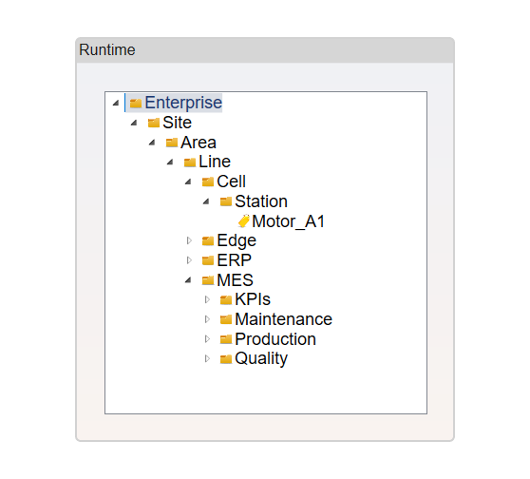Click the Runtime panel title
click(x=106, y=50)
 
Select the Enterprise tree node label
click(x=183, y=103)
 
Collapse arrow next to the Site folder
click(x=134, y=123)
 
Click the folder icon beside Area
click(x=172, y=143)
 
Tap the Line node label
click(x=215, y=162)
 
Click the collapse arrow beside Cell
click(x=188, y=182)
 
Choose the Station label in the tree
click(x=261, y=201)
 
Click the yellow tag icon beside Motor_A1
click(x=244, y=220)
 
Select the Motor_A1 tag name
click(x=289, y=221)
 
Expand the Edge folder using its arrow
click(x=189, y=240)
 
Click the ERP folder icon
click(x=208, y=260)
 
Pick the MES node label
click(x=235, y=280)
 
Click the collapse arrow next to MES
click(x=188, y=280)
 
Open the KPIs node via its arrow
click(x=207, y=299)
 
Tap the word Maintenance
click(x=284, y=319)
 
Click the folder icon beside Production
click(x=226, y=339)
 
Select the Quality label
click(x=261, y=358)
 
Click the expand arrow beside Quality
click(x=207, y=358)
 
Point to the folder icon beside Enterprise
click(x=136, y=103)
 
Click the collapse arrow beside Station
click(x=206, y=201)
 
